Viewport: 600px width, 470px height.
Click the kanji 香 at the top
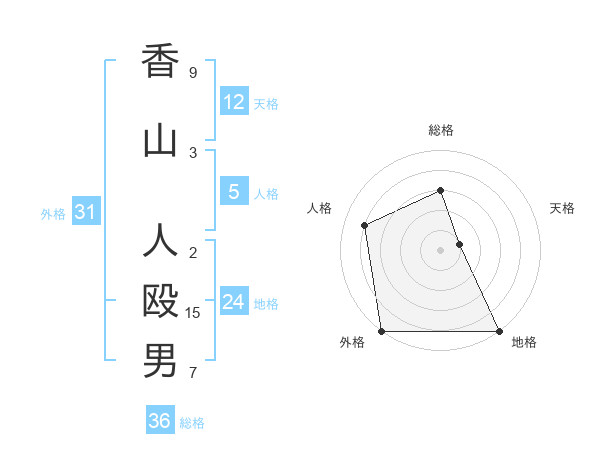pos(160,62)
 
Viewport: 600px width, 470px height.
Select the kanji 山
pos(160,141)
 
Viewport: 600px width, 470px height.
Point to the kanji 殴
pos(160,300)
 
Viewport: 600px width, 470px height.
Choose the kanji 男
pos(160,361)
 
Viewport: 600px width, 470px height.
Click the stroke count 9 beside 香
pos(193,73)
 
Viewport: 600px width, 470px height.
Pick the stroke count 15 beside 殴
pos(194,313)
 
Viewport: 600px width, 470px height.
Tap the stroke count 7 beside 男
pos(193,374)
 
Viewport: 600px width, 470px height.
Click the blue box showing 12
pos(233,102)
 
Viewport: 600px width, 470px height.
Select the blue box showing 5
pos(233,192)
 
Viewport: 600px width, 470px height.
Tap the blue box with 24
pos(233,302)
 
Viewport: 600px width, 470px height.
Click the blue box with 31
pos(85,212)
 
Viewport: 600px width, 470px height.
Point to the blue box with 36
pos(159,421)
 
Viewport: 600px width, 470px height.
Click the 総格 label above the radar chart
pos(440,130)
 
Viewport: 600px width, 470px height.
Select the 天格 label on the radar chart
pos(563,208)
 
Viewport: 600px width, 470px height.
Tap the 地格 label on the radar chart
pos(524,342)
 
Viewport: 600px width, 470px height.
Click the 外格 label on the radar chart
pos(352,342)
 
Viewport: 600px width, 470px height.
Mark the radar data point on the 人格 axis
pos(365,225)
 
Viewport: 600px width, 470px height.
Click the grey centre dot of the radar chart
pos(440,250)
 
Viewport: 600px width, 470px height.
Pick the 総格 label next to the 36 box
pos(192,423)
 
